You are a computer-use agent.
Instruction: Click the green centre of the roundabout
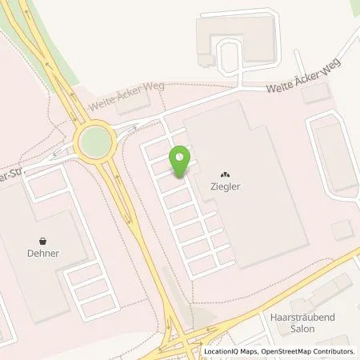(x=95, y=142)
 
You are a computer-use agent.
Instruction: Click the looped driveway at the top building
(x=233, y=58)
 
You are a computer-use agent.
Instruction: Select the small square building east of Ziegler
(x=342, y=231)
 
